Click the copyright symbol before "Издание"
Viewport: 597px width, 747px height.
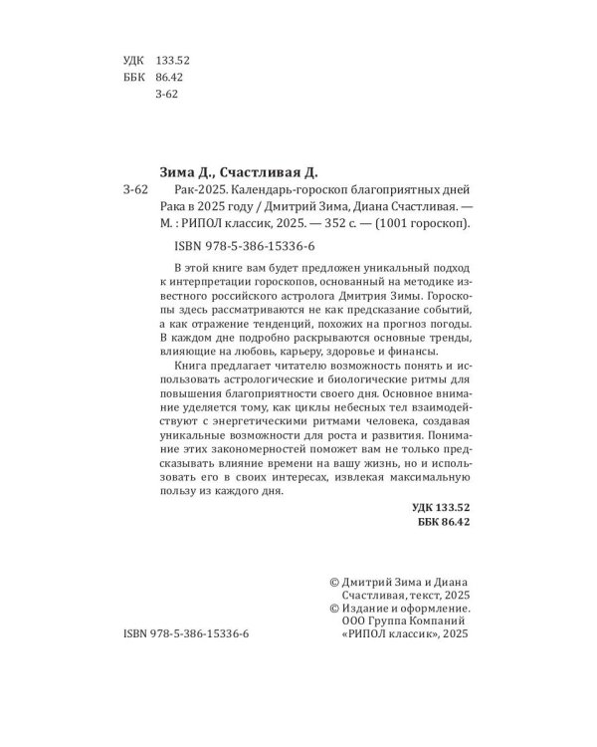point(334,603)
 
